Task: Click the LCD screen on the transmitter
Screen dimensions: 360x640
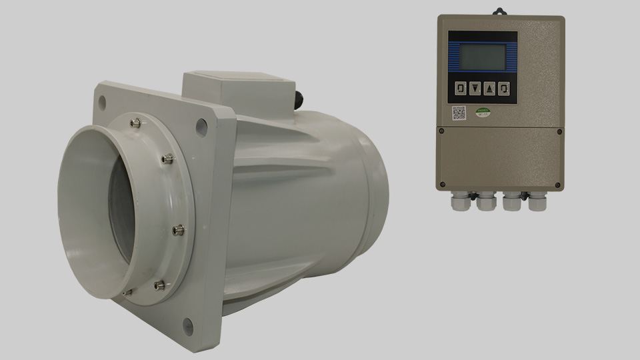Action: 482,56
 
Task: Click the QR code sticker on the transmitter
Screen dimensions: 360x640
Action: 459,113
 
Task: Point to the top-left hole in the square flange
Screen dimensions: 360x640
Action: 102,102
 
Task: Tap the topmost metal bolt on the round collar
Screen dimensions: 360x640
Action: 137,121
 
